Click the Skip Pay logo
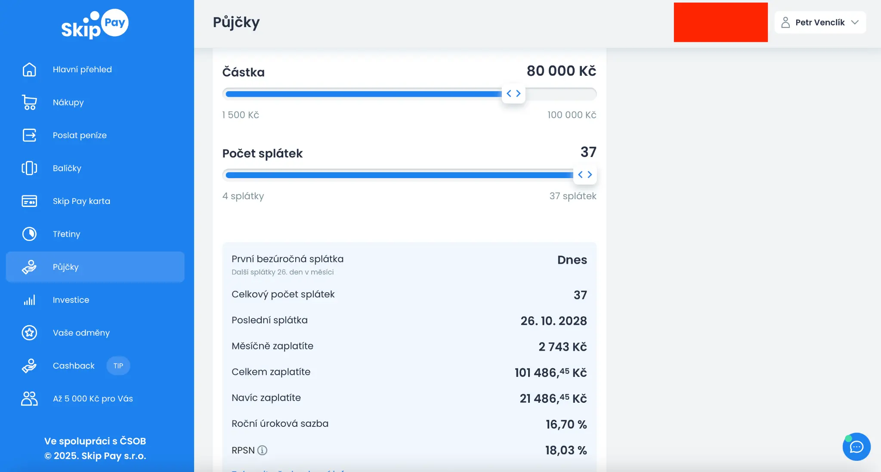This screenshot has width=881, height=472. pyautogui.click(x=95, y=24)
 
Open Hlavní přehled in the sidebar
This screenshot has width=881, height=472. pyautogui.click(x=82, y=70)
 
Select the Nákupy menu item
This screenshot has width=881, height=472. pyautogui.click(x=68, y=102)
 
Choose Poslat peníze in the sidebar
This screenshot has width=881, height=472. pyautogui.click(x=80, y=136)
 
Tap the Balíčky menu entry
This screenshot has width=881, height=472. pyautogui.click(x=67, y=168)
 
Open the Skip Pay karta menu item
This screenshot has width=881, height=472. pyautogui.click(x=81, y=201)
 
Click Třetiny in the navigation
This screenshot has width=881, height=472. pyautogui.click(x=66, y=234)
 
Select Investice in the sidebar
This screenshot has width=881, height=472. pyautogui.click(x=71, y=300)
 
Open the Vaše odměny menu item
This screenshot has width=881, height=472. pyautogui.click(x=81, y=333)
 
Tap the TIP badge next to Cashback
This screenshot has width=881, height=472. pyautogui.click(x=118, y=366)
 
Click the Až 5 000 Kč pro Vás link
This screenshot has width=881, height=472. pyautogui.click(x=93, y=399)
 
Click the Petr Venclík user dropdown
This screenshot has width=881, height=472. pyautogui.click(x=820, y=22)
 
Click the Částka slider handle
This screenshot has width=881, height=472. pyautogui.click(x=513, y=93)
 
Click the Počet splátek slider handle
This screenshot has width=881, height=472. pyautogui.click(x=585, y=174)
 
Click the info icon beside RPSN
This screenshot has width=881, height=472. pyautogui.click(x=262, y=450)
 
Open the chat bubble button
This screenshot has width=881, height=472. pyautogui.click(x=856, y=447)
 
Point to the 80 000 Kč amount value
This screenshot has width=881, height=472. pyautogui.click(x=561, y=71)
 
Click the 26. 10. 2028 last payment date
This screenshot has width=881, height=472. pyautogui.click(x=553, y=321)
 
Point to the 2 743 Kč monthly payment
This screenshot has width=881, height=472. pyautogui.click(x=563, y=347)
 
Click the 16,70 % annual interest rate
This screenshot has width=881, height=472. pyautogui.click(x=566, y=425)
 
